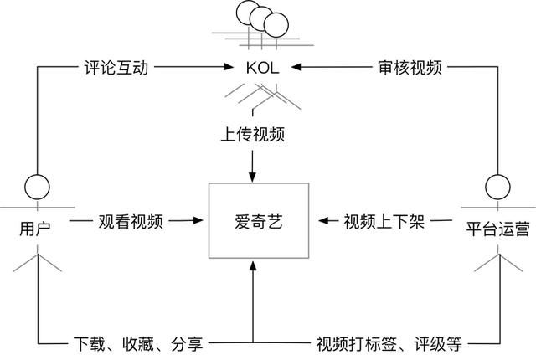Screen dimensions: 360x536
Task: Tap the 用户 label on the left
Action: [34, 226]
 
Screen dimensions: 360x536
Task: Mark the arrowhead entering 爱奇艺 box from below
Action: [253, 266]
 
